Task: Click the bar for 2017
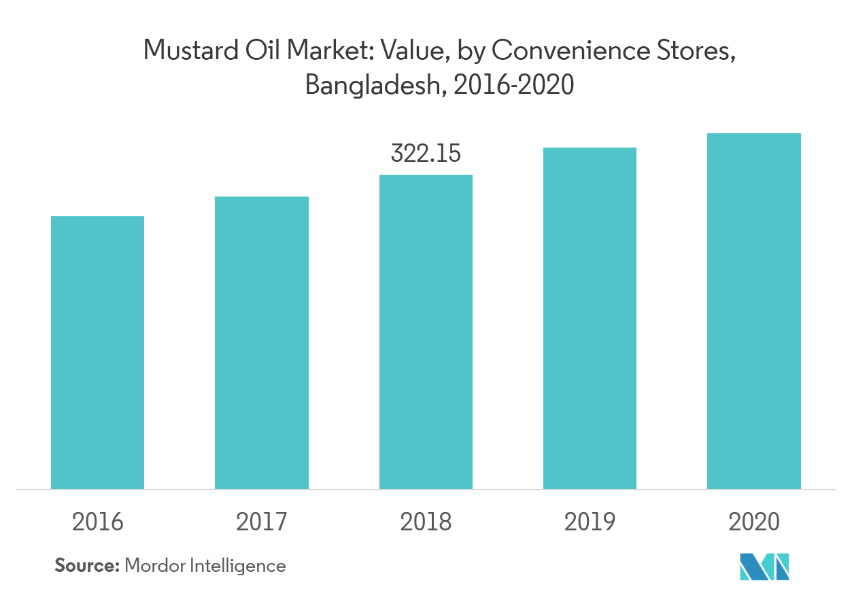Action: pyautogui.click(x=262, y=343)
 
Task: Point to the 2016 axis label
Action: pyautogui.click(x=98, y=522)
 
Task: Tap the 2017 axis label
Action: pyautogui.click(x=262, y=522)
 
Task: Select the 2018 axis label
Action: pyautogui.click(x=426, y=522)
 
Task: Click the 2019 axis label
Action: pyautogui.click(x=590, y=522)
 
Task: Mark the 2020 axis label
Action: pyautogui.click(x=754, y=522)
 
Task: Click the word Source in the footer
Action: pyautogui.click(x=86, y=565)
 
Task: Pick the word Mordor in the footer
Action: pyautogui.click(x=154, y=565)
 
